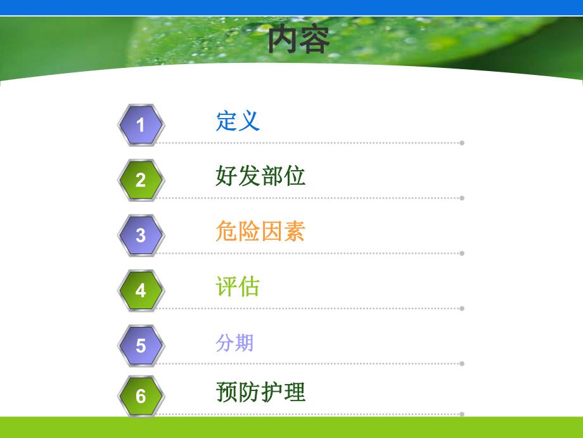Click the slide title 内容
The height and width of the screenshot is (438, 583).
[298, 39]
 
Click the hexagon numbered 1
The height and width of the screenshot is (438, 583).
[141, 124]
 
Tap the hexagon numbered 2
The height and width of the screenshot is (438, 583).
[141, 180]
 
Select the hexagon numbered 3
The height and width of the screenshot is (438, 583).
[141, 235]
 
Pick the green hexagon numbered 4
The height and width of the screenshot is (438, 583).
[141, 290]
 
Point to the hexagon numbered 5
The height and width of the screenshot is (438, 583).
[141, 345]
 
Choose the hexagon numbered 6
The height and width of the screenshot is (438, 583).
[141, 396]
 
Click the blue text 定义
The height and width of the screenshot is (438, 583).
[238, 120]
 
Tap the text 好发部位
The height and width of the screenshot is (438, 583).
[260, 175]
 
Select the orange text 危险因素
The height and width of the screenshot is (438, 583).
[260, 231]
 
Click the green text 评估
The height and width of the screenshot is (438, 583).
[238, 286]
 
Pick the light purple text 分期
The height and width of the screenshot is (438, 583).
[234, 343]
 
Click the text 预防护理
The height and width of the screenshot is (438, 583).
[260, 392]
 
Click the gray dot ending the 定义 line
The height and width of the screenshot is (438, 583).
[462, 143]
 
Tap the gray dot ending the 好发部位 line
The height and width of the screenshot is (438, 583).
[462, 198]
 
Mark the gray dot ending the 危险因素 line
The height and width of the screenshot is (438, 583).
[462, 253]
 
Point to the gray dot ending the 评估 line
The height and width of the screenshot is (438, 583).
[462, 309]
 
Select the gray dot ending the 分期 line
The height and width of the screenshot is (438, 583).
[462, 364]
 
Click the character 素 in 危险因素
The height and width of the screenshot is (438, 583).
[295, 231]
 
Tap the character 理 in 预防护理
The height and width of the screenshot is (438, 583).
[295, 392]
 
